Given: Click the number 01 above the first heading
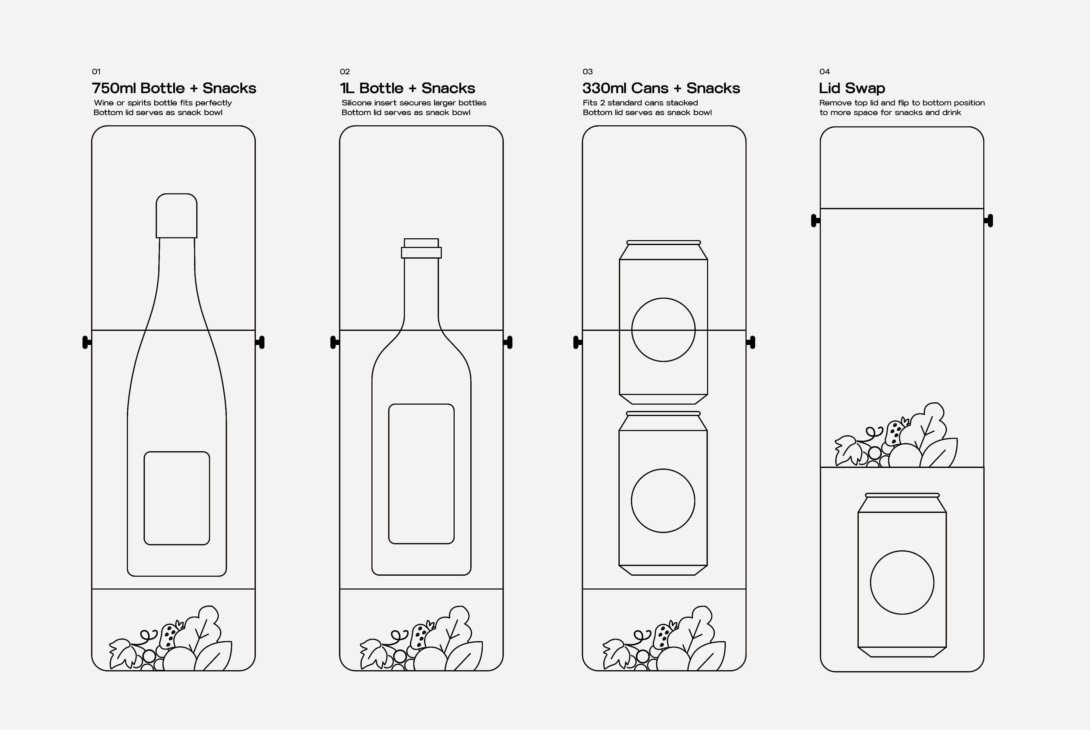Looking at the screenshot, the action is (96, 72).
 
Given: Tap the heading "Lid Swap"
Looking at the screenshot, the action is (852, 88).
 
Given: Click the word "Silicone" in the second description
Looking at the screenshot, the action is (357, 103).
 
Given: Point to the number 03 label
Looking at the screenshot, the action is (588, 72).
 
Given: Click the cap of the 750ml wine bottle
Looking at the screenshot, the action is (177, 216).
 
